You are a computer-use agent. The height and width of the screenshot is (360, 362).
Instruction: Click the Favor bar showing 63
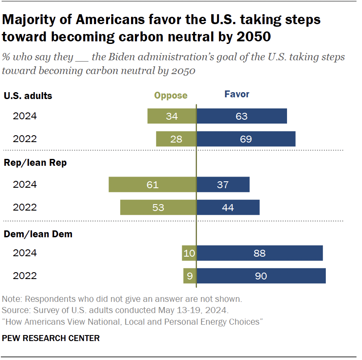[x=242, y=116]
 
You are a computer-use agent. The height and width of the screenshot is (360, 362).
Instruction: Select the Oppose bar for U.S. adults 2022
[x=176, y=139]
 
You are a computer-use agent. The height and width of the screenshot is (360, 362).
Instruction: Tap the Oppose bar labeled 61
[x=153, y=184]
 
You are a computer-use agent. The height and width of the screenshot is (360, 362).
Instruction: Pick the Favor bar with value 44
[x=228, y=207]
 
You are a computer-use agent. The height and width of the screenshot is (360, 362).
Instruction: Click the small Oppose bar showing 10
[x=189, y=253]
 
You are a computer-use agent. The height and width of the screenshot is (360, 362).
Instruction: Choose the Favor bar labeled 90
[x=261, y=276]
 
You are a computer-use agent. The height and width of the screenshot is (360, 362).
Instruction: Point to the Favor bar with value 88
[x=259, y=253]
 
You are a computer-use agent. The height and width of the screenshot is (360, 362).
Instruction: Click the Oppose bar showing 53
[x=158, y=207]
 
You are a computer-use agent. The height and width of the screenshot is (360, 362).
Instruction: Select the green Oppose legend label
[x=171, y=95]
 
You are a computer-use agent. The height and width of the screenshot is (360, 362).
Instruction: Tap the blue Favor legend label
[x=237, y=94]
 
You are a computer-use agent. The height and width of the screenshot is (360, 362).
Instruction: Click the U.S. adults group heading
[x=28, y=96]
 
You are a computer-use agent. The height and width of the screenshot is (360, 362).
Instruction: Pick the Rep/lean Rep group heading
[x=35, y=163]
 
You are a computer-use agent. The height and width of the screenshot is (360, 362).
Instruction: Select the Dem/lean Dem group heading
[x=38, y=234]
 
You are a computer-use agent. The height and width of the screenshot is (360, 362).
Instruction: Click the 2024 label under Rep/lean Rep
[x=25, y=184]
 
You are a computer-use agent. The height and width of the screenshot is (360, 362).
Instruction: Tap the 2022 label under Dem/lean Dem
[x=25, y=276]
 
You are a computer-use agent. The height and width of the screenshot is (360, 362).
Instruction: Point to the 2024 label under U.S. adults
[x=25, y=116]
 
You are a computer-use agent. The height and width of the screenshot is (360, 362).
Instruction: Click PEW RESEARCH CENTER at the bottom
[x=51, y=338]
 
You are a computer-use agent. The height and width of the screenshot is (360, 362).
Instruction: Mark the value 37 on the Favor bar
[x=223, y=184]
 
